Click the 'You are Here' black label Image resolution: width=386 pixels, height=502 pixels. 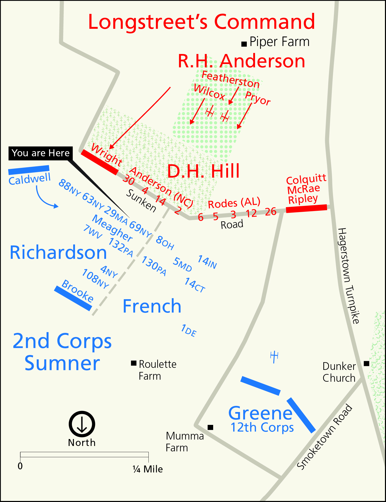(41, 153)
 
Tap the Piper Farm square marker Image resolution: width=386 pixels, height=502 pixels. (244, 44)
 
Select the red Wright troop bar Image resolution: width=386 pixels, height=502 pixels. (100, 162)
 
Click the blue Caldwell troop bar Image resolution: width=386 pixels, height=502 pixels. (29, 170)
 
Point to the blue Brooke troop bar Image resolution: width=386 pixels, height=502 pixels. (73, 298)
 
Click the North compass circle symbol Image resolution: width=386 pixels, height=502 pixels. (82, 424)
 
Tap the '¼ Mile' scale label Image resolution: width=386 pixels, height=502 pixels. (148, 469)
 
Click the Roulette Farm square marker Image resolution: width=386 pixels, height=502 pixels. (134, 363)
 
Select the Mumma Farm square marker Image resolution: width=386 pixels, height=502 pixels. (210, 427)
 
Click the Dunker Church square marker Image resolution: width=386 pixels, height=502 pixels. (366, 363)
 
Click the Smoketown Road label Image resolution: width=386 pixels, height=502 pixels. (325, 437)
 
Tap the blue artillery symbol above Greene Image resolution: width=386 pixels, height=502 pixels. (274, 357)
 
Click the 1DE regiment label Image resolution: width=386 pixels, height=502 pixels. (189, 331)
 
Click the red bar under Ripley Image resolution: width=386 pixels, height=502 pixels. (306, 208)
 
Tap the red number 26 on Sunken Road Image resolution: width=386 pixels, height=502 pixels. (271, 212)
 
